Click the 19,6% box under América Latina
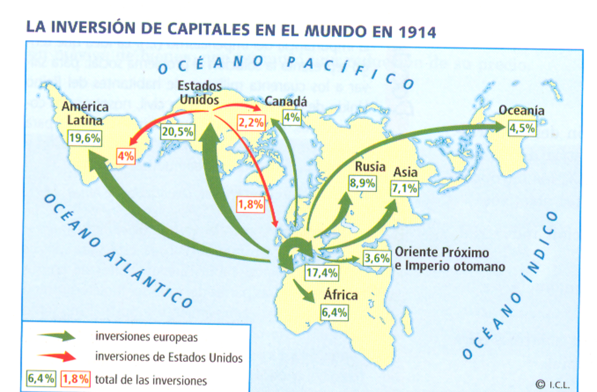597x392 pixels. (x=84, y=138)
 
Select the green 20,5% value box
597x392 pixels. (x=177, y=132)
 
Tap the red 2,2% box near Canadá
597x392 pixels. (x=251, y=122)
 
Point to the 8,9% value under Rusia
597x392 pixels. (x=362, y=183)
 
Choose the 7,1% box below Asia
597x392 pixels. (x=404, y=188)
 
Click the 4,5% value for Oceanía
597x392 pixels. (x=522, y=128)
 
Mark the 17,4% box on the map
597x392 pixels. (x=322, y=273)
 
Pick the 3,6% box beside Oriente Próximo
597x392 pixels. (x=377, y=258)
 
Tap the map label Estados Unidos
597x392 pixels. (x=199, y=93)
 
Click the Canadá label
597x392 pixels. (x=286, y=102)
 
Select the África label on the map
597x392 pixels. (x=340, y=295)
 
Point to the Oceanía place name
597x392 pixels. (x=521, y=110)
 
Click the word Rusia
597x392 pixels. (x=370, y=167)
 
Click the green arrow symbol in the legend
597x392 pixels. (x=57, y=336)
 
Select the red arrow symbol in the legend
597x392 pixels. (x=57, y=356)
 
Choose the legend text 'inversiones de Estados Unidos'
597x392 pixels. (x=169, y=357)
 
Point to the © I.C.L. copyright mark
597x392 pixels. (x=552, y=384)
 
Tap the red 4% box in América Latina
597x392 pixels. (x=126, y=156)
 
